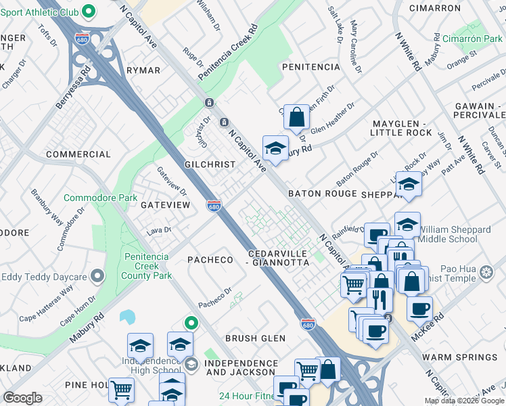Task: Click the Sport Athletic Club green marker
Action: coord(88,12)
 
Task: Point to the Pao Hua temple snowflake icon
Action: coord(485,273)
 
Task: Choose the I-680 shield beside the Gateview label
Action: coord(214,204)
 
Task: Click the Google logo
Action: coord(22,398)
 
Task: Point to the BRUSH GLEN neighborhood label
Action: coord(255,338)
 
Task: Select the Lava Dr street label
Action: coord(160,231)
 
